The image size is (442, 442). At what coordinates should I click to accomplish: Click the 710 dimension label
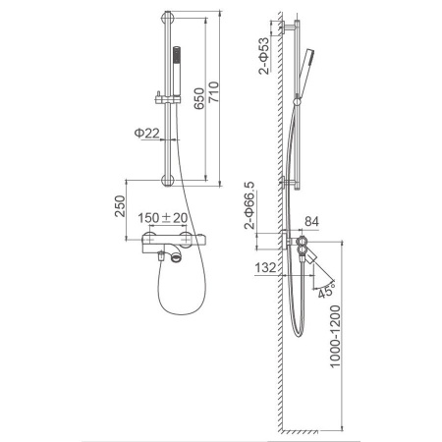pos(213,91)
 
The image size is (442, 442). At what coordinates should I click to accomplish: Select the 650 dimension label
pos(199,98)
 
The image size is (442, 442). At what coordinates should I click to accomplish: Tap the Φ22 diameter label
pos(146,133)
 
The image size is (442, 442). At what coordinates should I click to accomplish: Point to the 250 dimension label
pos(120,206)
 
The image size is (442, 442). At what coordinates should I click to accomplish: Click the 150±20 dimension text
pos(163,218)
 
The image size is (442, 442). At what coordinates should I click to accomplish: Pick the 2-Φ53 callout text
pos(264,56)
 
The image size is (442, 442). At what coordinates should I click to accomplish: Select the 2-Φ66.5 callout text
pos(249,205)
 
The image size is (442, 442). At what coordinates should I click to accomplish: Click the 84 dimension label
pos(311,222)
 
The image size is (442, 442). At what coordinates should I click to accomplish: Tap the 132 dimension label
pos(265,267)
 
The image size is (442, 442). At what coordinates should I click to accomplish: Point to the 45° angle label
pos(326,291)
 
